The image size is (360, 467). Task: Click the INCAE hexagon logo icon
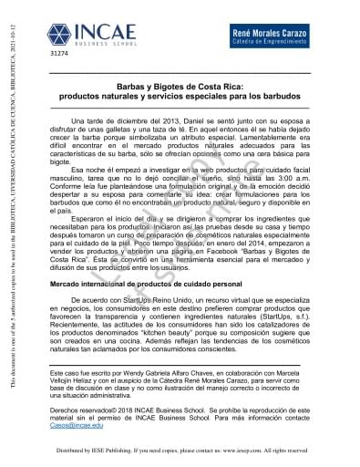[60, 36]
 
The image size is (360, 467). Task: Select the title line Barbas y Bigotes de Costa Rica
[186, 80]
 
